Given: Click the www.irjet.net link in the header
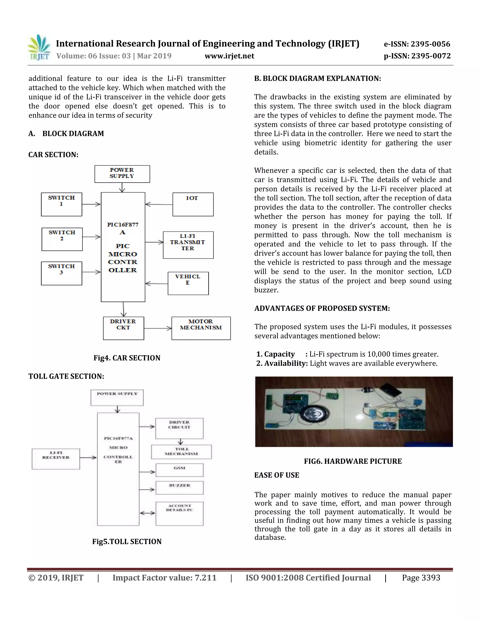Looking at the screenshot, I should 229,56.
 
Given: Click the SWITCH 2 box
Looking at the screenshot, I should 62,239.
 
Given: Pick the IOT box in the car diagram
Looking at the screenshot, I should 193,204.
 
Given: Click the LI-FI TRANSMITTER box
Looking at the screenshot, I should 188,245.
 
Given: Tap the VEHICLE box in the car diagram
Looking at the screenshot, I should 188,283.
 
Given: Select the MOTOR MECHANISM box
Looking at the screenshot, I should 201,328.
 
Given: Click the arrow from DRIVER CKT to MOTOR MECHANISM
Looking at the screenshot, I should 157,328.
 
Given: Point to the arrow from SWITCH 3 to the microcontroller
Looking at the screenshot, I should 91,272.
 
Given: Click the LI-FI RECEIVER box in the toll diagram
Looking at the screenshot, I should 56,459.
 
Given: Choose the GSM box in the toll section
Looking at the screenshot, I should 180,470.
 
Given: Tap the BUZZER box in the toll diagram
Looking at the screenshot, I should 180,488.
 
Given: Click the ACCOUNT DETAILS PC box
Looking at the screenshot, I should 180,513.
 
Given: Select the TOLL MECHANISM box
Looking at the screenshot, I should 181,452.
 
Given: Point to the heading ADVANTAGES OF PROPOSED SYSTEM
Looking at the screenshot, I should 322,309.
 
